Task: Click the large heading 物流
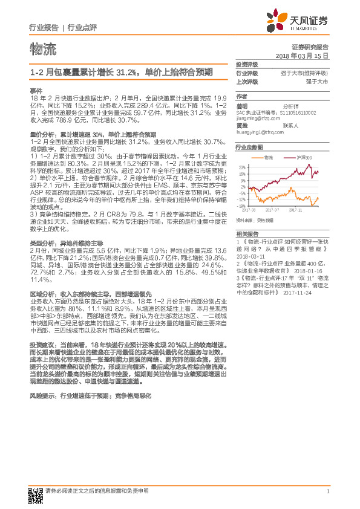point(42,47)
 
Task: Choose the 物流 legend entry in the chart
point(266,157)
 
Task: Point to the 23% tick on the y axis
point(242,166)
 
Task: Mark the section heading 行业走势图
point(249,147)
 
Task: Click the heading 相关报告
point(247,233)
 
